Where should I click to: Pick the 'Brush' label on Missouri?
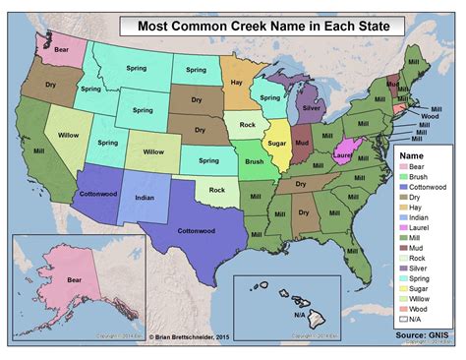pos(255,160)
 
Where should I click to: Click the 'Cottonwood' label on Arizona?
pos(98,194)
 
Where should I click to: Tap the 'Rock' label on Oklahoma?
pos(217,190)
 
